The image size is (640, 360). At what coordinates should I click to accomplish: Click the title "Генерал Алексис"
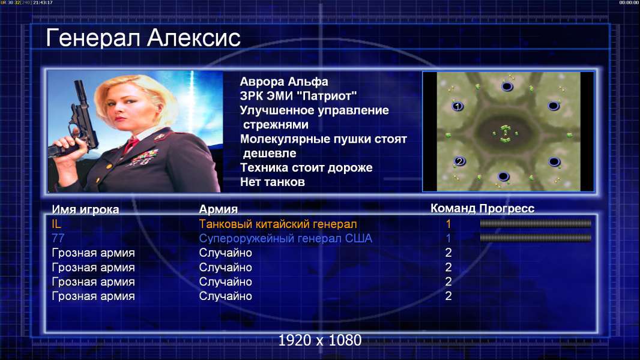[x=143, y=38]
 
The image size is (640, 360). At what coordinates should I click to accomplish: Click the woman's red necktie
[x=131, y=145]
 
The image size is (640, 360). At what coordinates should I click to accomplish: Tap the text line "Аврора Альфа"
[x=283, y=82]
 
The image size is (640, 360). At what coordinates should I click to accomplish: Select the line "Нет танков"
[x=272, y=182]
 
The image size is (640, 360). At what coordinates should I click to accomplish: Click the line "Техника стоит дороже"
[x=306, y=167]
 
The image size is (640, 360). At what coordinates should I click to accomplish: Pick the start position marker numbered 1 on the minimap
[x=457, y=106]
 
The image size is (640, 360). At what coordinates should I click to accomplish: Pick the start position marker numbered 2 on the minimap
[x=460, y=161]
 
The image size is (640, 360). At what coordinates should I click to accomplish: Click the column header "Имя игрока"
[x=85, y=209]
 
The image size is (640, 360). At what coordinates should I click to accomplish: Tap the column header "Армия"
[x=218, y=209]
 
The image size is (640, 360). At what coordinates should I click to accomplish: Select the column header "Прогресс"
[x=507, y=208]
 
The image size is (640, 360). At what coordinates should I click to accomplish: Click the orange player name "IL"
[x=56, y=224]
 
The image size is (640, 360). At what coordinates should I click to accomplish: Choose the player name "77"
[x=58, y=238]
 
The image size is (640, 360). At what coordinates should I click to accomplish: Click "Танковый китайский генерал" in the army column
[x=278, y=224]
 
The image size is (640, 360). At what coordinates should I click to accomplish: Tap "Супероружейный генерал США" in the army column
[x=285, y=238]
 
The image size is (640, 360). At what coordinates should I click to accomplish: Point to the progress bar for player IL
[x=535, y=223]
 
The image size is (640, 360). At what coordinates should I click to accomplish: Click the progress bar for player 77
[x=535, y=238]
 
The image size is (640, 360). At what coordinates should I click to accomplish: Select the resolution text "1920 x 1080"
[x=319, y=340]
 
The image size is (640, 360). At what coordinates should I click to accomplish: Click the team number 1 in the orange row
[x=448, y=224]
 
